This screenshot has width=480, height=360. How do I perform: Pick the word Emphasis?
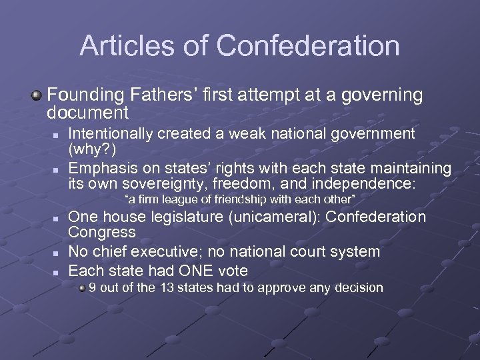(101, 167)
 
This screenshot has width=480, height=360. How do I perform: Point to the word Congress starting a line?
(102, 232)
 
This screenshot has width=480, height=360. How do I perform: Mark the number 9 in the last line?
(93, 288)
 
